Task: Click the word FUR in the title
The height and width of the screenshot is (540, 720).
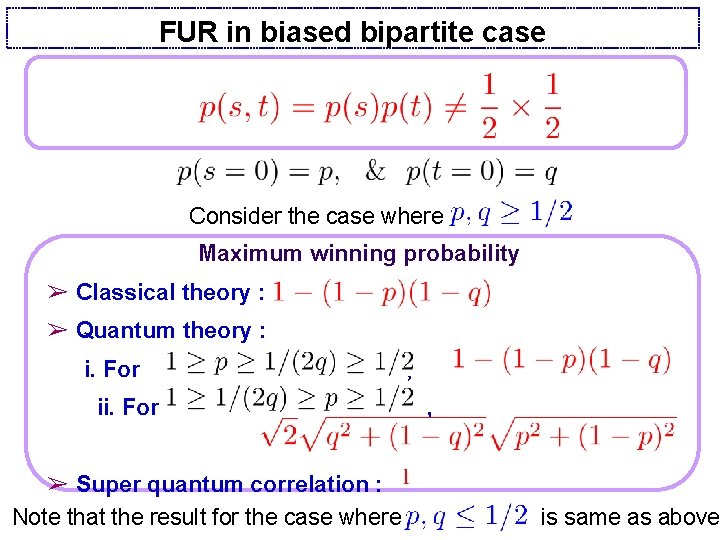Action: [187, 32]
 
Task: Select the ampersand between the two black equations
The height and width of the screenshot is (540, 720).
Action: [375, 172]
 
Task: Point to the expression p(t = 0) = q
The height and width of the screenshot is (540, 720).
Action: [481, 172]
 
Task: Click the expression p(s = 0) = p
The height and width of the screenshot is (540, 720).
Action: [258, 172]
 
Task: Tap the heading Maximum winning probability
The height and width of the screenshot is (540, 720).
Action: [359, 253]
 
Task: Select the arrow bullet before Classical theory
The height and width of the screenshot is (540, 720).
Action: [58, 293]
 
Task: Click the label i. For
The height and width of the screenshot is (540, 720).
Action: [112, 370]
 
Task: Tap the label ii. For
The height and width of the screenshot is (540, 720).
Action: [128, 407]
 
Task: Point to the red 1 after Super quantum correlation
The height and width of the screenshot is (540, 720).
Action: [407, 476]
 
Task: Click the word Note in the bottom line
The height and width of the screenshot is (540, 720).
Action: [36, 516]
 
